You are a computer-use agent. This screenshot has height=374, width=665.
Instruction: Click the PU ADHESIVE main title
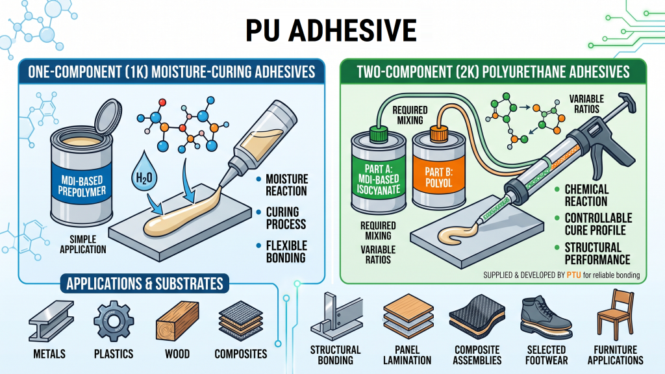pyautogui.click(x=331, y=30)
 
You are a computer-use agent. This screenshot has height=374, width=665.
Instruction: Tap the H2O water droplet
pyautogui.click(x=144, y=171)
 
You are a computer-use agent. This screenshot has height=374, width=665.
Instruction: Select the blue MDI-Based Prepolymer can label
pyautogui.click(x=82, y=186)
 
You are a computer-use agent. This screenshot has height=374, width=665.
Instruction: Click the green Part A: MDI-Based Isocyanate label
pyautogui.click(x=379, y=179)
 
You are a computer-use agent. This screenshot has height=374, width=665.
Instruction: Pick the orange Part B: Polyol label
pyautogui.click(x=439, y=177)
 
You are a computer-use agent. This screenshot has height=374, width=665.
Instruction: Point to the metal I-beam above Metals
pyautogui.click(x=51, y=321)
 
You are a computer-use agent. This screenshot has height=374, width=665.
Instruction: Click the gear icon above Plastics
pyautogui.click(x=113, y=321)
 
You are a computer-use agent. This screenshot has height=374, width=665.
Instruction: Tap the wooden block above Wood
pyautogui.click(x=177, y=321)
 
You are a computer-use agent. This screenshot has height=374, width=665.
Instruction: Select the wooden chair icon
pyautogui.click(x=616, y=315)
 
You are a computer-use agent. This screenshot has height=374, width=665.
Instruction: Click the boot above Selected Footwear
pyautogui.click(x=546, y=317)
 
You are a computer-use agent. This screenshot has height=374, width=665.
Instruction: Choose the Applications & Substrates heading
pyautogui.click(x=145, y=283)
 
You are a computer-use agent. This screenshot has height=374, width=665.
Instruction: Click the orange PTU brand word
pyautogui.click(x=574, y=275)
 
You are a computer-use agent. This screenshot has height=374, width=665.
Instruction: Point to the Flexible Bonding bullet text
pyautogui.click(x=286, y=251)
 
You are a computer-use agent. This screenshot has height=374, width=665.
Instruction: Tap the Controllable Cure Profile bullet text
pyautogui.click(x=598, y=224)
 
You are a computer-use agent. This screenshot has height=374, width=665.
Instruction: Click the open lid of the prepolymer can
pyautogui.click(x=108, y=116)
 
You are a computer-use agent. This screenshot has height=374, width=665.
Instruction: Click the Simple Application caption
pyautogui.click(x=82, y=244)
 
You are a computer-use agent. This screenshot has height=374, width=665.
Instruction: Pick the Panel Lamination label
pyautogui.click(x=407, y=355)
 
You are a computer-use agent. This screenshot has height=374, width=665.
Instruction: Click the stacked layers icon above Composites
pyautogui.click(x=241, y=321)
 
